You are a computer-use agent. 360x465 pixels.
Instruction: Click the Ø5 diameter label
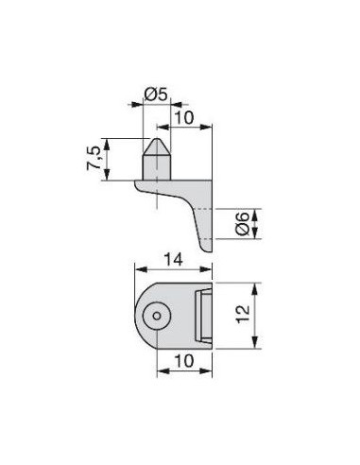[x=156, y=95]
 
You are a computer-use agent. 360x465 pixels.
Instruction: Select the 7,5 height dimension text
[x=94, y=159]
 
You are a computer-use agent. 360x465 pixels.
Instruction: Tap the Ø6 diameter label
[x=242, y=224]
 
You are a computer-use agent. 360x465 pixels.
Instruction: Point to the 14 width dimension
[x=173, y=260]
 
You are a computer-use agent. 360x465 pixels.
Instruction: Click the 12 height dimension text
[x=243, y=314]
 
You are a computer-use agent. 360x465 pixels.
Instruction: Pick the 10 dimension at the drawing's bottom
[x=184, y=361]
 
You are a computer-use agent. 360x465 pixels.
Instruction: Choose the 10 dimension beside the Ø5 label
[x=184, y=118]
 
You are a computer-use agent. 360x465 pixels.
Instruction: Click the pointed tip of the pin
[x=157, y=138]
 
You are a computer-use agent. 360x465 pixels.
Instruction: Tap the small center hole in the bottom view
[x=157, y=316]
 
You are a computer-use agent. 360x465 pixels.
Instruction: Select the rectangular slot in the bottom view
[x=203, y=316]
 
